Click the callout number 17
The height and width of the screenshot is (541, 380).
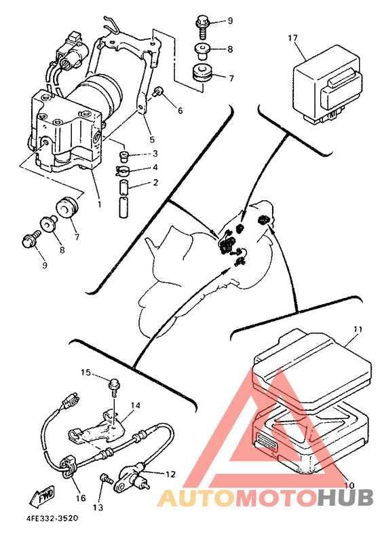coord(292,37)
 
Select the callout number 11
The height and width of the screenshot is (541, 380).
coord(358,329)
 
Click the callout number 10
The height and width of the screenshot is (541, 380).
coord(349,485)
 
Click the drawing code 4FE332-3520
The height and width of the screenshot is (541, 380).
coord(52,518)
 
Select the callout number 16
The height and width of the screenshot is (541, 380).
coord(80,498)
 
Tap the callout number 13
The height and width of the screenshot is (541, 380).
coord(98,507)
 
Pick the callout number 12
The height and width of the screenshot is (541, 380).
coord(170,474)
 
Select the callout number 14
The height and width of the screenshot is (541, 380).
coord(136,405)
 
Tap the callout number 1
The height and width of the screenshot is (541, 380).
coord(99,204)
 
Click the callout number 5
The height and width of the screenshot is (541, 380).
coord(152,140)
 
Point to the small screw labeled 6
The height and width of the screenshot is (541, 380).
coord(158,92)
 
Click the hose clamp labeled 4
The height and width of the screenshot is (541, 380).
coord(123,170)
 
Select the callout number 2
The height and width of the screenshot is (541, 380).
coord(155,182)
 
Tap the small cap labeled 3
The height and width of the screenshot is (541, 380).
coord(123,156)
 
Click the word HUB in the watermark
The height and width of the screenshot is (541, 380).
coord(345,498)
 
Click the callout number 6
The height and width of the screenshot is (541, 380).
coord(180,111)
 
